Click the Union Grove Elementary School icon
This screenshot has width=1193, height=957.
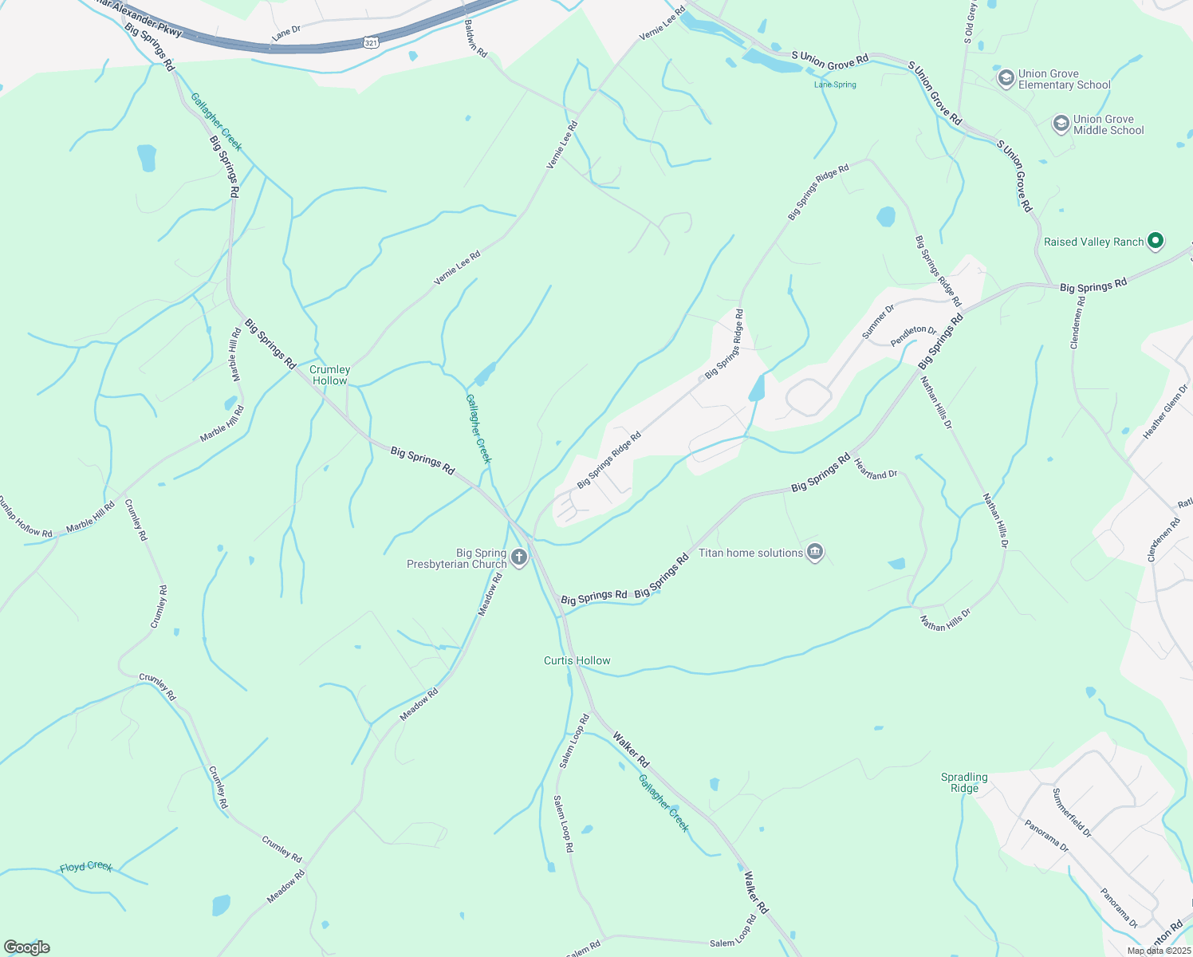(x=1006, y=78)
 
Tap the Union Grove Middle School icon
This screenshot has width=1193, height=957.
(x=1061, y=124)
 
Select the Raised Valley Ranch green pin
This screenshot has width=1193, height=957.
(x=1155, y=241)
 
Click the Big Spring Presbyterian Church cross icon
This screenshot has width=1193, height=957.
(x=519, y=557)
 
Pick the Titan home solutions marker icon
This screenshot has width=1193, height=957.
(x=814, y=552)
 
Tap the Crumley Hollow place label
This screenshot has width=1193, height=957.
(x=329, y=375)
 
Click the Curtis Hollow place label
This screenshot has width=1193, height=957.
(x=577, y=660)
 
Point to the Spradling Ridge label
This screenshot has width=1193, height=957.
(x=964, y=782)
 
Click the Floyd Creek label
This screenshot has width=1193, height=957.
(x=86, y=867)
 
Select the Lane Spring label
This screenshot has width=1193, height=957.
(x=834, y=85)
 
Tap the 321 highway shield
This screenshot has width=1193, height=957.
(x=371, y=42)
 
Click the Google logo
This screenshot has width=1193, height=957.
(x=26, y=947)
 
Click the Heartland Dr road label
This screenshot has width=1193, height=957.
(x=876, y=469)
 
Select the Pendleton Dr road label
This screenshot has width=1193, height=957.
(x=913, y=335)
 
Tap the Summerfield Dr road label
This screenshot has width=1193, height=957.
(x=1072, y=812)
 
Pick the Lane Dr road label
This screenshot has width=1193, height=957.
(x=285, y=33)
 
